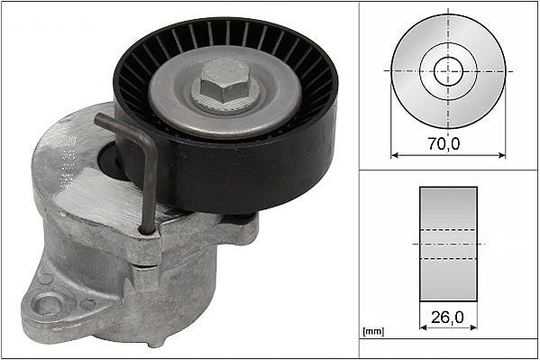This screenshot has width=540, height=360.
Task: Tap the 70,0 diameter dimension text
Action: (448, 142)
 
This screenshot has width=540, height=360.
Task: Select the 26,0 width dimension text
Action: (448, 317)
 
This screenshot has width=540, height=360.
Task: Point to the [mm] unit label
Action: (372, 331)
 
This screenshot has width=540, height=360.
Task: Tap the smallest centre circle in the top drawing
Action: (448, 69)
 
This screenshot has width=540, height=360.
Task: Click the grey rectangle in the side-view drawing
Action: (448, 245)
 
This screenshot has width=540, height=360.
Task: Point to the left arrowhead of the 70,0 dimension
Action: (394, 155)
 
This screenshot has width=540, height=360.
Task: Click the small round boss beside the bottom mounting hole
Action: (87, 303)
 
